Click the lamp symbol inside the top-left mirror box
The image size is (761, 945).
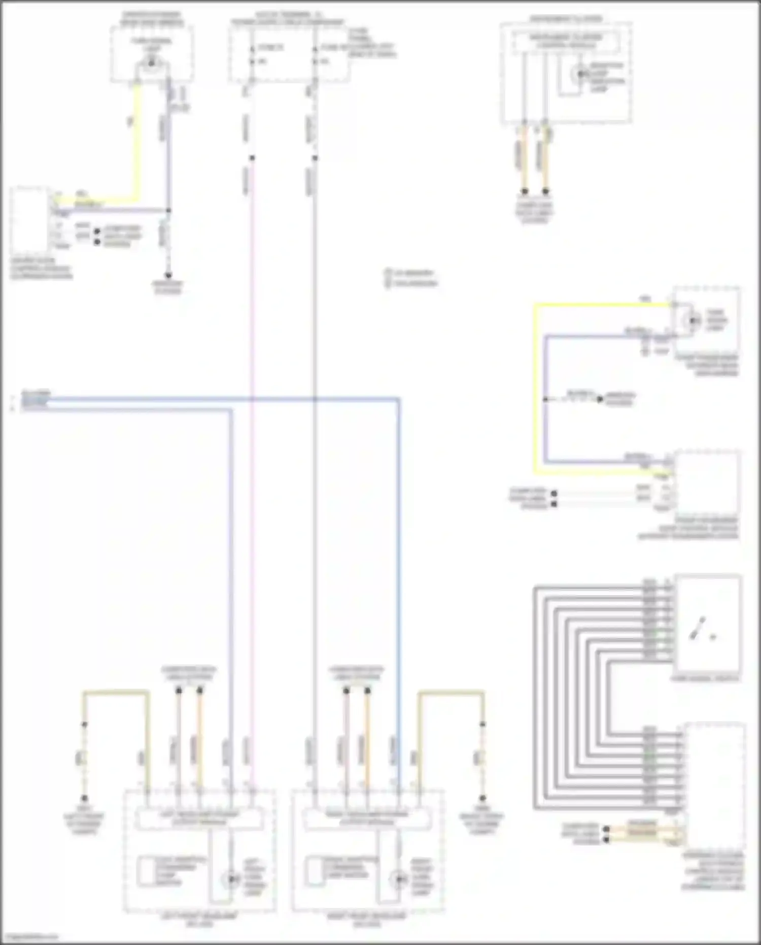point(151,64)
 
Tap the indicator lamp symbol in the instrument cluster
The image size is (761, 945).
point(579,74)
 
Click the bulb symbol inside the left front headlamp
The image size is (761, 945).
point(232,879)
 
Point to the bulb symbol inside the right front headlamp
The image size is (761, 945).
point(399,879)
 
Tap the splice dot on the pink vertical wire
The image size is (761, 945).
point(252,158)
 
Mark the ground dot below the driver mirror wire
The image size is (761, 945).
point(168,275)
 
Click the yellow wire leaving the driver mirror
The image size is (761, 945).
point(136,142)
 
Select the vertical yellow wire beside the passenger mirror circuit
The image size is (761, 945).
point(535,386)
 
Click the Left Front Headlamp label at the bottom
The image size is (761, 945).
point(199,920)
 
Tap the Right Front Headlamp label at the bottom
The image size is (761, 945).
point(367,920)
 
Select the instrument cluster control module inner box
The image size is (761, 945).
point(566,41)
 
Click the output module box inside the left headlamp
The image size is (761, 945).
point(199,818)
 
